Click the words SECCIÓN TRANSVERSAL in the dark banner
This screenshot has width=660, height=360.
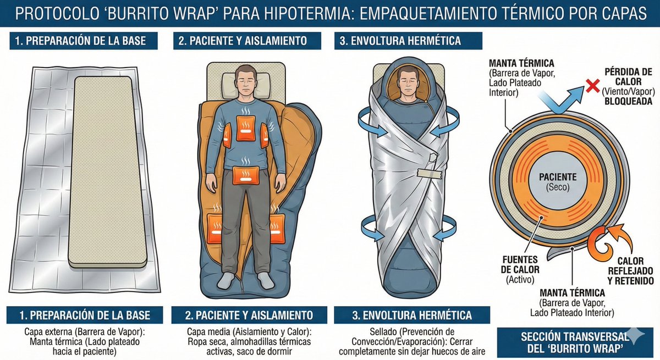click(567, 336)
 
